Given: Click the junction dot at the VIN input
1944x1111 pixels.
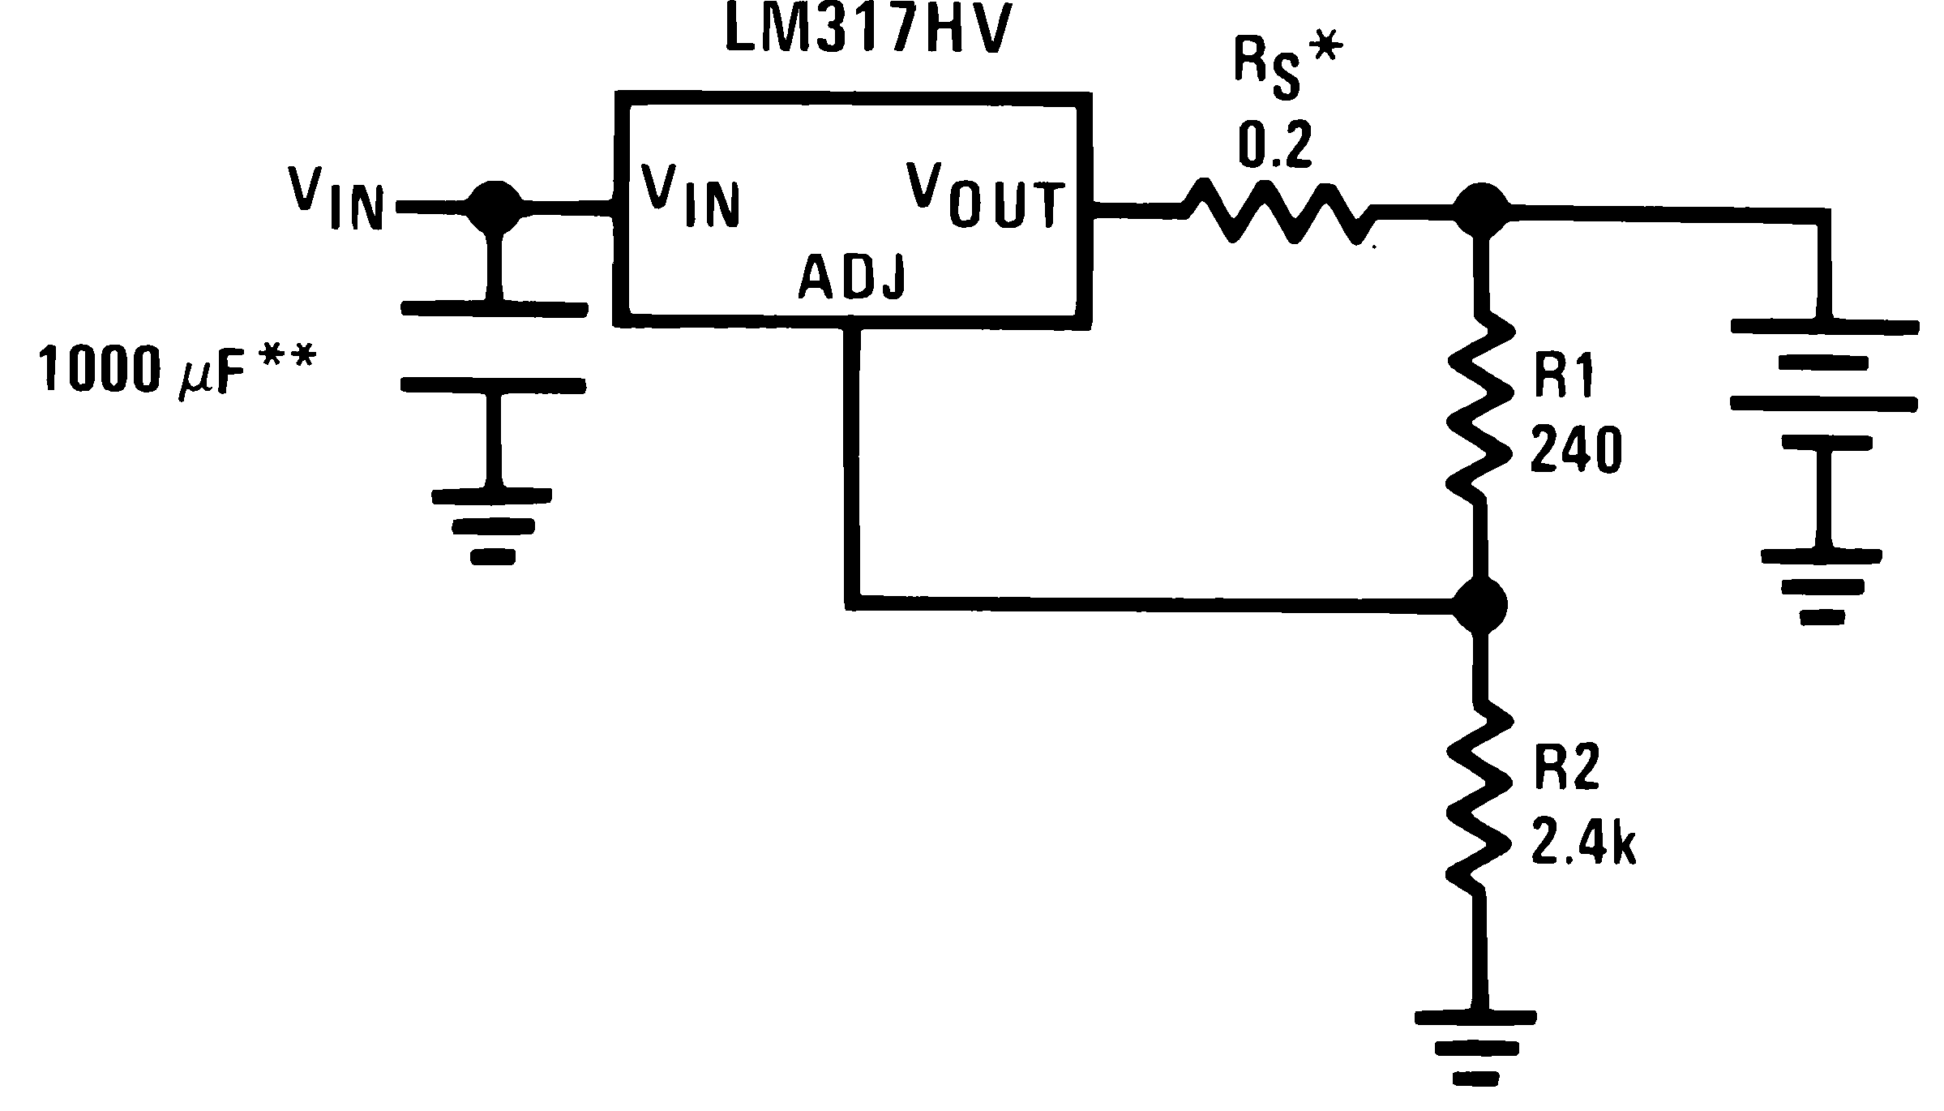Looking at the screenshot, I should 495,208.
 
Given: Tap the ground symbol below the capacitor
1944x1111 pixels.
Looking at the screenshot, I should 491,525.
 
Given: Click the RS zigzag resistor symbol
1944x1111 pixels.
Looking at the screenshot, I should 1278,214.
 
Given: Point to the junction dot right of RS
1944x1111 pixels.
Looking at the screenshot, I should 1482,211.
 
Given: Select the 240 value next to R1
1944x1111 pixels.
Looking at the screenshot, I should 1575,451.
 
